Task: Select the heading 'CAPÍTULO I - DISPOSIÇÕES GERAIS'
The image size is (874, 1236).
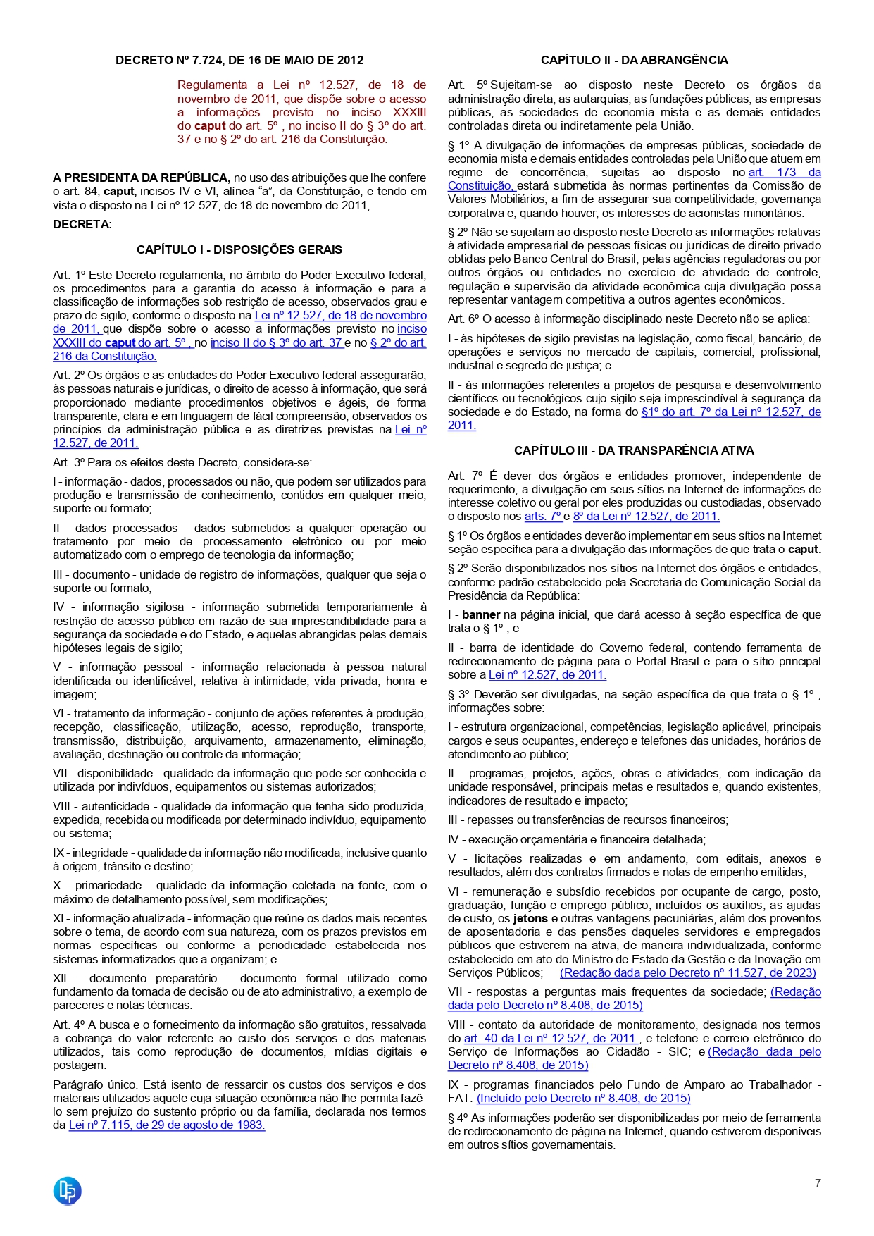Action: click(239, 249)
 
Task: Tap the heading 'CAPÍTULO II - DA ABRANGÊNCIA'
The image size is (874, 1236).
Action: click(634, 61)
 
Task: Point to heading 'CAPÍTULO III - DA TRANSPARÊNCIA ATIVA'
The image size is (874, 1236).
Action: click(634, 450)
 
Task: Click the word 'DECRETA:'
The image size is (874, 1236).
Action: click(82, 224)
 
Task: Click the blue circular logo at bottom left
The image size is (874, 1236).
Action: click(68, 1190)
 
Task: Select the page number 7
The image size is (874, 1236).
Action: click(818, 1183)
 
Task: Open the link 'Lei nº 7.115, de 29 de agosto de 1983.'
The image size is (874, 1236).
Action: click(167, 1125)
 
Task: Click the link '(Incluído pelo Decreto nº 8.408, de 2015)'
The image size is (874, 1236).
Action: click(583, 1098)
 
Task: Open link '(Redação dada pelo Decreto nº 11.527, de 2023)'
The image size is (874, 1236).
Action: click(687, 972)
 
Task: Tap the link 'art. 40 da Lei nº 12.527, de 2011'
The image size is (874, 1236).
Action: click(550, 1038)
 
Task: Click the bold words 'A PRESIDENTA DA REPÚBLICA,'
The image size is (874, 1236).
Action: click(142, 178)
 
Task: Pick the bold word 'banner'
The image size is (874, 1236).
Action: click(481, 614)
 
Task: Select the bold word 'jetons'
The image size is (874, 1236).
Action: click(531, 918)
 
